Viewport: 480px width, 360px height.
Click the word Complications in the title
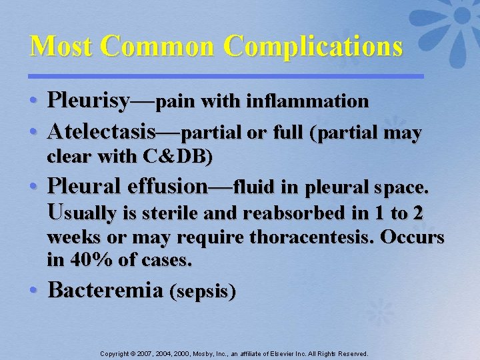313,47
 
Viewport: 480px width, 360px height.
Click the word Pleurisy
89,102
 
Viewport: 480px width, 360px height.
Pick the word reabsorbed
294,214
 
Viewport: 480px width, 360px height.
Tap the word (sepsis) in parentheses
203,292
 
